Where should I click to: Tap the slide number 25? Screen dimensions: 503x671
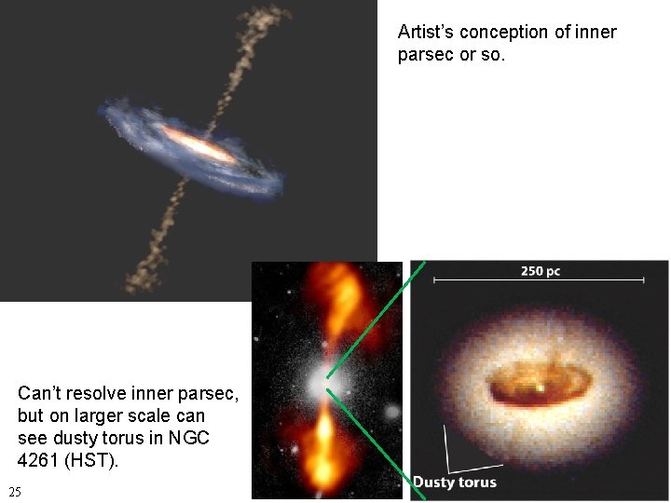tap(14, 491)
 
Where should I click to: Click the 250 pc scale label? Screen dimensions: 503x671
tap(540, 271)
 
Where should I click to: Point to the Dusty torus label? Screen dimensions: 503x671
tap(455, 482)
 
